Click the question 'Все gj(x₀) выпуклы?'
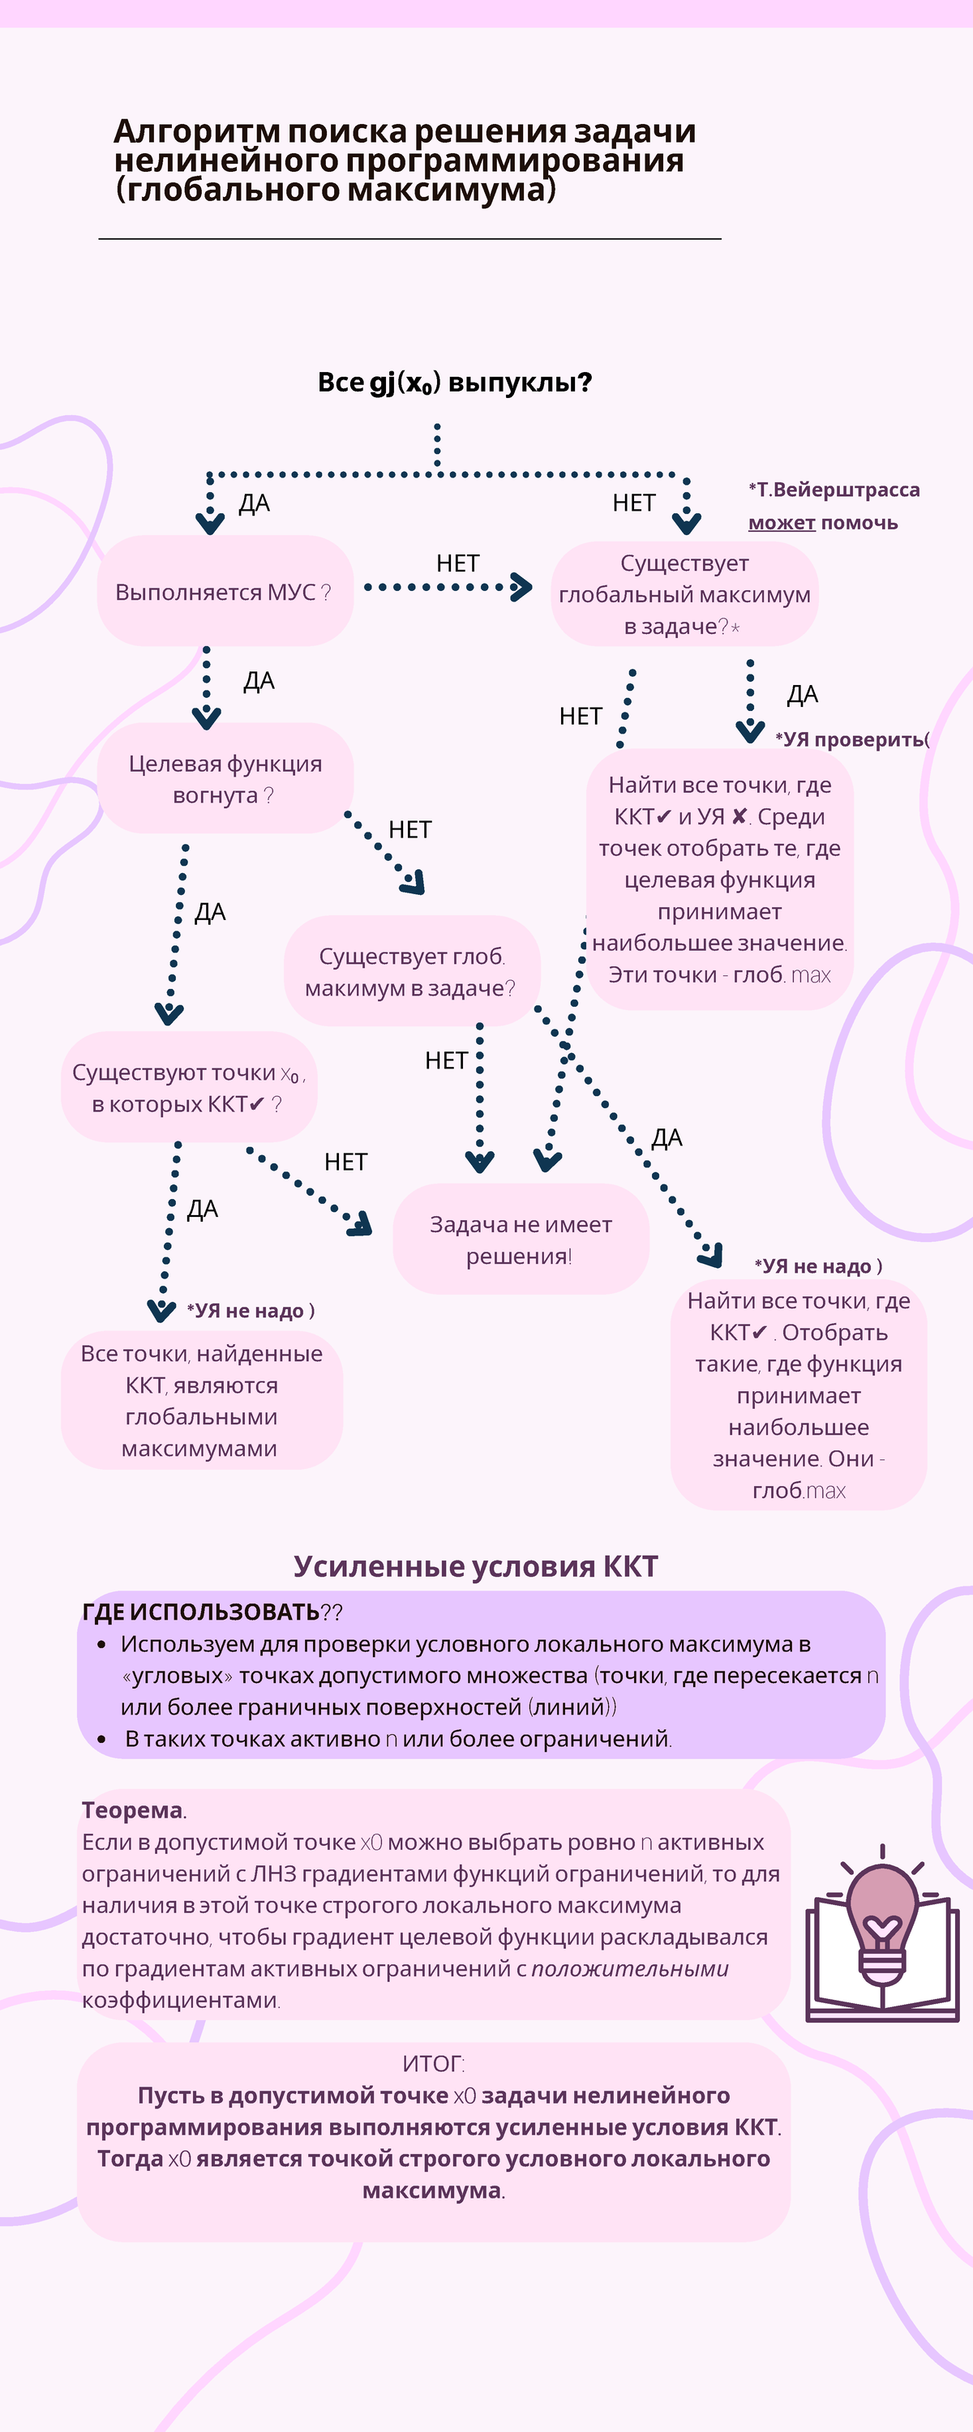coord(454,383)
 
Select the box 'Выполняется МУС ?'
coord(225,592)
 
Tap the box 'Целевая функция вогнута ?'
coord(225,779)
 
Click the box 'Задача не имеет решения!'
coord(521,1239)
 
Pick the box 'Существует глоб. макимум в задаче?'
coord(412,970)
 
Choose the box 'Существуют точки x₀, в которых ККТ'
coord(189,1088)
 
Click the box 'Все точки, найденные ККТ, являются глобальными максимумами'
coord(201,1400)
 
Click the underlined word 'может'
coord(781,522)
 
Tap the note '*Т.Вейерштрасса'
coord(834,489)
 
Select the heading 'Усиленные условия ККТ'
coord(475,1566)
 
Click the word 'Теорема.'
coord(133,1810)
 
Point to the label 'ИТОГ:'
coord(434,2064)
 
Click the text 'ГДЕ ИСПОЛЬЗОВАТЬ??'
coord(212,1612)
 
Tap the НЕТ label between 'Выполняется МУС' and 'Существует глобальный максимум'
coord(457,563)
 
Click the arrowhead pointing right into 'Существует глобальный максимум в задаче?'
coord(521,587)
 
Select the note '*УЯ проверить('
coord(852,739)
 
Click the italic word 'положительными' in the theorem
coord(629,1968)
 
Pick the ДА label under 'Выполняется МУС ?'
coord(259,681)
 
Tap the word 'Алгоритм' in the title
coord(195,131)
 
